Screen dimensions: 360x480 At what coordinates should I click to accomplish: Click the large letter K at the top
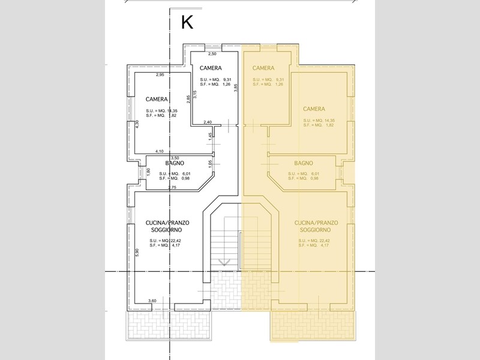pyautogui.click(x=187, y=23)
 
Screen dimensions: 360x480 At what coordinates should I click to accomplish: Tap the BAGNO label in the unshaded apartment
pyautogui.click(x=175, y=163)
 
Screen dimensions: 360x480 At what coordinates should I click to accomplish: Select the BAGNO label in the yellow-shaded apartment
pyautogui.click(x=304, y=163)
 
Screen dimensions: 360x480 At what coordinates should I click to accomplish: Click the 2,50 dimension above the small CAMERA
pyautogui.click(x=212, y=55)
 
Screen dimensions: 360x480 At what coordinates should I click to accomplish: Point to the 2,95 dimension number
pyautogui.click(x=160, y=74)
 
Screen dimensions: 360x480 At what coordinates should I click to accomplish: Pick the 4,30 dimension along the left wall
pyautogui.click(x=137, y=124)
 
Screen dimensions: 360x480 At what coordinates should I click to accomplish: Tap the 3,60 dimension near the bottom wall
pyautogui.click(x=152, y=301)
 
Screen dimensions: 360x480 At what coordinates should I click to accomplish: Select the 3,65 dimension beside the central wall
pyautogui.click(x=236, y=87)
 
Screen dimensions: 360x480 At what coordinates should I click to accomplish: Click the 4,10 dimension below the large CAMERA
pyautogui.click(x=160, y=151)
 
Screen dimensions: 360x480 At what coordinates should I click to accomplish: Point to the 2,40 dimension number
pyautogui.click(x=208, y=122)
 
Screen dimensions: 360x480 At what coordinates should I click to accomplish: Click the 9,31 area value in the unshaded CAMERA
pyautogui.click(x=227, y=79)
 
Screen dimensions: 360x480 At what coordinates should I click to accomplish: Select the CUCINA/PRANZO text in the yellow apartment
pyautogui.click(x=316, y=223)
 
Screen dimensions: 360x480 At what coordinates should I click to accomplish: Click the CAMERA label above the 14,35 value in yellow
pyautogui.click(x=314, y=109)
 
